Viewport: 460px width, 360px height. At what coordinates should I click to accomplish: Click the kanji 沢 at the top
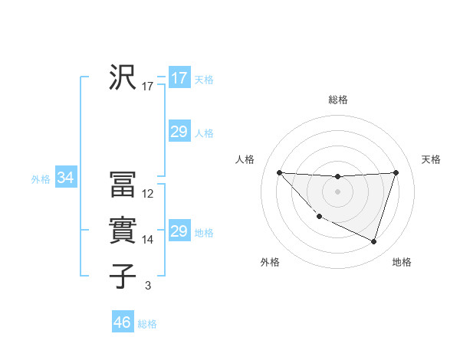(123, 77)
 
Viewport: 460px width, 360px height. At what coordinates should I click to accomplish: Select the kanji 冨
(123, 185)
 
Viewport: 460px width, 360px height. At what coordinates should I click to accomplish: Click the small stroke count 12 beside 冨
(148, 194)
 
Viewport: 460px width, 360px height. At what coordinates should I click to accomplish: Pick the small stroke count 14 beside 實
(148, 240)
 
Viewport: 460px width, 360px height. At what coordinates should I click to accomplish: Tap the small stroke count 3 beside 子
(147, 286)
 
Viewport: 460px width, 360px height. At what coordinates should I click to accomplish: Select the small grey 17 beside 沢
(148, 87)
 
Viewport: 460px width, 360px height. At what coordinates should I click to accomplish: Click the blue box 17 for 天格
(179, 78)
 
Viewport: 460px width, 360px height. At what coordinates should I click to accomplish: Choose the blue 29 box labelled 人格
(179, 132)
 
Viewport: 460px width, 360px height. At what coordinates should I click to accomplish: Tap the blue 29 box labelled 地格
(179, 231)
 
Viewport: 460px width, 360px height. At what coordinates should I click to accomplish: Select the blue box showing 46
(123, 322)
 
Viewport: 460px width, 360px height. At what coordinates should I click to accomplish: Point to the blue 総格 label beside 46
(147, 324)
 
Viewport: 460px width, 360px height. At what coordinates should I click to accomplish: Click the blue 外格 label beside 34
(41, 179)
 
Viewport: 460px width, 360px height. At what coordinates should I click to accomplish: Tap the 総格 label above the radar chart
(337, 100)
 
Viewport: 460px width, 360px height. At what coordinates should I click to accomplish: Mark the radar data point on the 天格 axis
(396, 172)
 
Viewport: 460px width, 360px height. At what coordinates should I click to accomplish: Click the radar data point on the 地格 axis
(373, 242)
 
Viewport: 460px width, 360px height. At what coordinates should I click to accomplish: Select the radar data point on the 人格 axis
(279, 172)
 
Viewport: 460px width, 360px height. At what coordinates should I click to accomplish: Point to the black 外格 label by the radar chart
(270, 262)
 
